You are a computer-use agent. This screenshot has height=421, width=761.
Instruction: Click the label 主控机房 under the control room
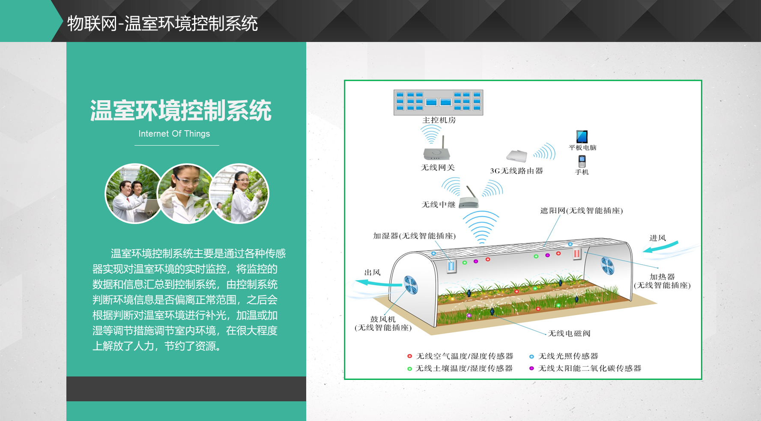click(x=439, y=120)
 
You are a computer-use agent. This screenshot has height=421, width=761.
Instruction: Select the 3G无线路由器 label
click(x=516, y=171)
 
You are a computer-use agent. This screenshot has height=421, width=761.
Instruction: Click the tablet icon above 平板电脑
click(x=582, y=137)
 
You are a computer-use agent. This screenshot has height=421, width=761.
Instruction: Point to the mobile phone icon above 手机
click(x=582, y=161)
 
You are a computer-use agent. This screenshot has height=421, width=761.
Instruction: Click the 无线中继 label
click(x=439, y=205)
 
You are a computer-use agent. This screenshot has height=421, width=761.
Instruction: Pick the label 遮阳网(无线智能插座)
click(x=582, y=211)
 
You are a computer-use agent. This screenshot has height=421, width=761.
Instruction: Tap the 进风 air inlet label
click(x=658, y=238)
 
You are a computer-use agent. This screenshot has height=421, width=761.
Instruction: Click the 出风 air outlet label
click(x=372, y=272)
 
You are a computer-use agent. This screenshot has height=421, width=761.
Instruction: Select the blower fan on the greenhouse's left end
click(x=410, y=285)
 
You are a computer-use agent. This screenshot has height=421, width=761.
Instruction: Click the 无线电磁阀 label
click(x=569, y=333)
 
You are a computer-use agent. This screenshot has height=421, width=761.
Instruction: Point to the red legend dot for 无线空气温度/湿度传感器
click(x=409, y=356)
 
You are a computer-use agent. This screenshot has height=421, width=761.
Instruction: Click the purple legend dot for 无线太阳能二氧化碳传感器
click(x=531, y=368)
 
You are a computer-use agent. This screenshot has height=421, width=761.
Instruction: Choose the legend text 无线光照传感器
click(x=568, y=356)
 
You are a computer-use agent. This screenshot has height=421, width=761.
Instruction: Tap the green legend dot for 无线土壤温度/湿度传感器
click(x=409, y=368)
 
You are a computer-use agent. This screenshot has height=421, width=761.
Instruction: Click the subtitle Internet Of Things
click(x=174, y=134)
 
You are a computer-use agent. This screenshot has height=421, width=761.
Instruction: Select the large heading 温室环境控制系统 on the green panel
click(x=181, y=110)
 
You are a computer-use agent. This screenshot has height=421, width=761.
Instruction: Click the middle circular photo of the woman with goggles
click(x=187, y=194)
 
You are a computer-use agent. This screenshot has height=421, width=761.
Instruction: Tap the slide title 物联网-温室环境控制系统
click(x=162, y=23)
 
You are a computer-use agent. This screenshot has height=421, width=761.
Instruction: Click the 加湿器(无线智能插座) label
click(x=414, y=236)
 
